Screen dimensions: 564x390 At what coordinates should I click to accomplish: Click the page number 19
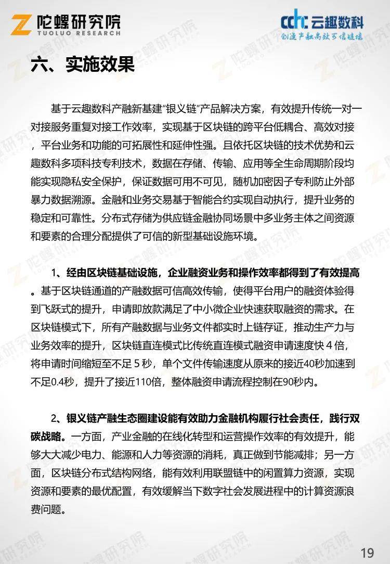tap(367, 552)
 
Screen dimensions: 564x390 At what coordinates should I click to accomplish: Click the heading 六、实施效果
tap(82, 64)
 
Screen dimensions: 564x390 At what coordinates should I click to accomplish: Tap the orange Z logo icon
tap(22, 24)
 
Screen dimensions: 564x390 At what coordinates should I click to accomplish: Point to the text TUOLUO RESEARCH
tap(80, 33)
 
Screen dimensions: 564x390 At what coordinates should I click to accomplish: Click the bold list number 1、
tap(57, 273)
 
